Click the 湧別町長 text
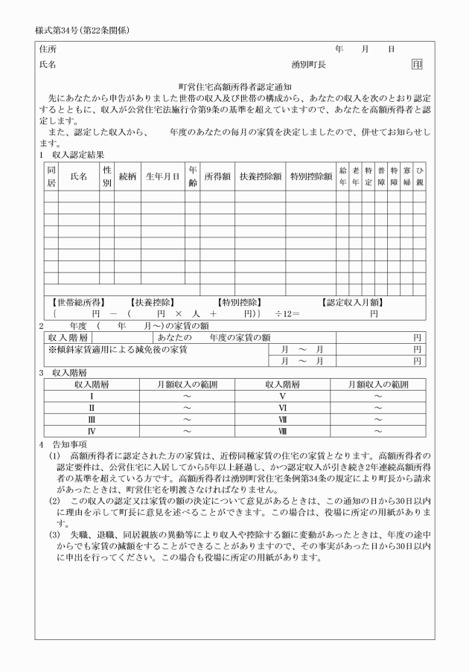click(x=308, y=65)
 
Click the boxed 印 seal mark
click(x=417, y=65)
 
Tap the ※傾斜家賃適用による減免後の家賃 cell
click(x=118, y=348)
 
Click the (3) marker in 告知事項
click(x=55, y=534)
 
